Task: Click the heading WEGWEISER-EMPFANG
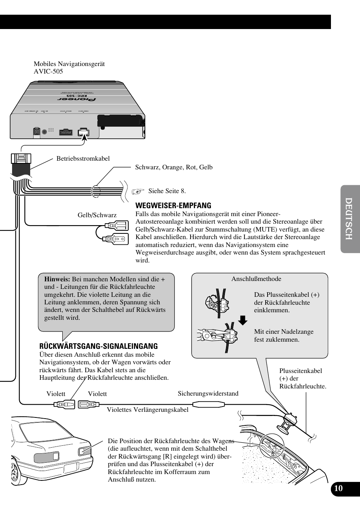pos(173,206)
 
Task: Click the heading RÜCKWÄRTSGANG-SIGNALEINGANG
pos(98,346)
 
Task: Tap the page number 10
pos(338,488)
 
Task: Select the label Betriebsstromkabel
pos(83,158)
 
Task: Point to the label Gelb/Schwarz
pos(97,215)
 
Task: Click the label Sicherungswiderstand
pos(208,393)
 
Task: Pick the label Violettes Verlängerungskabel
pos(148,410)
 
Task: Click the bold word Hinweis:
pos(57,279)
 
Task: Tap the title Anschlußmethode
pos(256,279)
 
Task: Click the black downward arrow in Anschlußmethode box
pos(243,320)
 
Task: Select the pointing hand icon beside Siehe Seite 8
pos(138,191)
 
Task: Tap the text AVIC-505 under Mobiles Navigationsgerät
pos(48,71)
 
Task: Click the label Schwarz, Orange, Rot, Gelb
pos(174,167)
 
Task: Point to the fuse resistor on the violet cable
pos(209,405)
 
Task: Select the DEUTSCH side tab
pos(350,219)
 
